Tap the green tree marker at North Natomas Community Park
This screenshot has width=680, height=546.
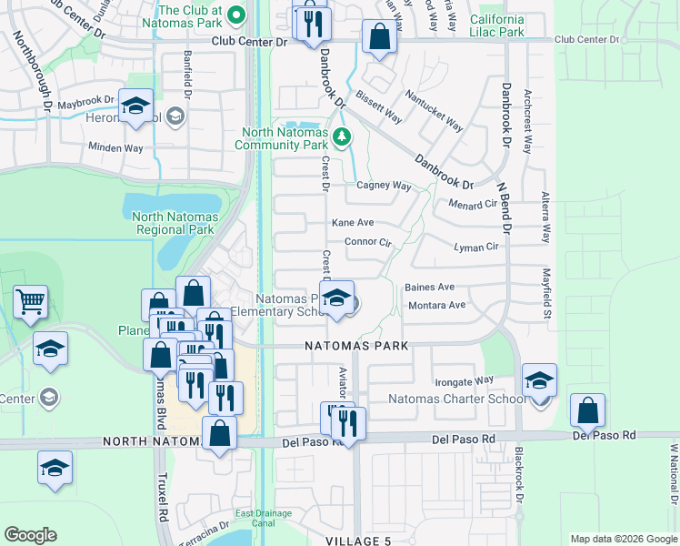[x=342, y=138]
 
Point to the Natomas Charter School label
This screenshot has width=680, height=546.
[x=456, y=399]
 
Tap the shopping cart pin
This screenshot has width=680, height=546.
[x=31, y=301]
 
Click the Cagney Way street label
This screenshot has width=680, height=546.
[x=384, y=186]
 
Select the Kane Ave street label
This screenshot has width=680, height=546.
[x=353, y=223]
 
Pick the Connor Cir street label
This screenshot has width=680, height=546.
[x=367, y=243]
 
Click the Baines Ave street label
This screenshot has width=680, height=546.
[x=429, y=287]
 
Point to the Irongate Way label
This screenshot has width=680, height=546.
[x=464, y=380]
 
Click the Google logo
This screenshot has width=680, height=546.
[x=31, y=535]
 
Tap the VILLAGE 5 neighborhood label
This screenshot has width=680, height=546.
[x=358, y=541]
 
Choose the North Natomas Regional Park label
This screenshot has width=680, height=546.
[x=173, y=223]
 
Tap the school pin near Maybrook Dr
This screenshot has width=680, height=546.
[x=135, y=106]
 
